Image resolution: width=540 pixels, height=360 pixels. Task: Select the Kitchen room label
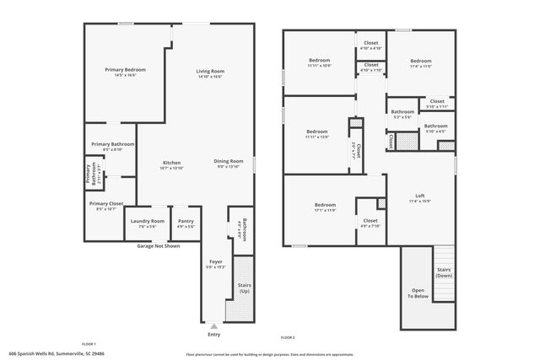pyautogui.click(x=171, y=162)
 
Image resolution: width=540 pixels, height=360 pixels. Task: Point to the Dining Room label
pyautogui.click(x=228, y=161)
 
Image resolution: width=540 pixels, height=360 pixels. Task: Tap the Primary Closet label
pyautogui.click(x=105, y=203)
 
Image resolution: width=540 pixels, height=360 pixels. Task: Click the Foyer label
pyautogui.click(x=216, y=262)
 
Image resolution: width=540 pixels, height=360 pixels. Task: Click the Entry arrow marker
pyautogui.click(x=214, y=325)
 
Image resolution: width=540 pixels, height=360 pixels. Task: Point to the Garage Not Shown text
pyautogui.click(x=158, y=246)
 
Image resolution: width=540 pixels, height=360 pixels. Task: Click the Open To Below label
pyautogui.click(x=418, y=293)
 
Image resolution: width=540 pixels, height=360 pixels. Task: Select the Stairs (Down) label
pyautogui.click(x=443, y=272)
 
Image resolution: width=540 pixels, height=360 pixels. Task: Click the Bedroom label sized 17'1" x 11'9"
pyautogui.click(x=325, y=205)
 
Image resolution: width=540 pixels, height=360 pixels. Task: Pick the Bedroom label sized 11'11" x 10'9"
pyautogui.click(x=319, y=61)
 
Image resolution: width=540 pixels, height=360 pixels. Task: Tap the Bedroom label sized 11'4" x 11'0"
pyautogui.click(x=421, y=61)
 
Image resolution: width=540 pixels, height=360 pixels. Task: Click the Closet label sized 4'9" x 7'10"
pyautogui.click(x=370, y=221)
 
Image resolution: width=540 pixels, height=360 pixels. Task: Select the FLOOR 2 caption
pyautogui.click(x=289, y=337)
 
